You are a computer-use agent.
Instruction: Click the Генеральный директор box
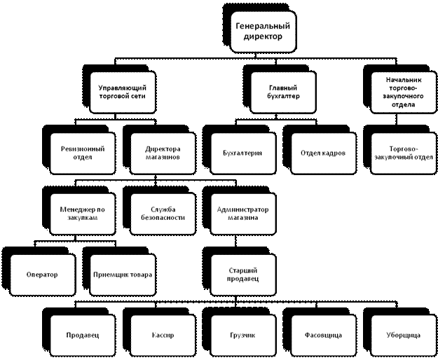tap(263, 32)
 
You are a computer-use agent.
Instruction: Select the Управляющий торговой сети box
tap(123, 92)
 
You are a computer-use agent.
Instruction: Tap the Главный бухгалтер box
tap(284, 92)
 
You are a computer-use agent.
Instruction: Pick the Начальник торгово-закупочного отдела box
tap(403, 92)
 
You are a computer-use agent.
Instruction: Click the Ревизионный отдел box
tap(83, 153)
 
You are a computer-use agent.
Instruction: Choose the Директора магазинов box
tap(163, 153)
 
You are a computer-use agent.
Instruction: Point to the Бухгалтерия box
tap(242, 153)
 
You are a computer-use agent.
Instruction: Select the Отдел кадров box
tap(323, 153)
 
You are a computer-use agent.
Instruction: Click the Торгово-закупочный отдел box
tap(403, 153)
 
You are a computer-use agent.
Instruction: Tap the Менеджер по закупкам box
tap(83, 213)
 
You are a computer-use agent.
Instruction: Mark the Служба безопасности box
tap(163, 213)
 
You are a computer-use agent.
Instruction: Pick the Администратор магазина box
tap(242, 213)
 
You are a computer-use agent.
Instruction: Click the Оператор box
tap(42, 274)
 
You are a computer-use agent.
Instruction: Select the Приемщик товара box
tap(123, 274)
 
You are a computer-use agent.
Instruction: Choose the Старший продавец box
tap(242, 274)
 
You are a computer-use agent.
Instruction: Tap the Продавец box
tap(83, 335)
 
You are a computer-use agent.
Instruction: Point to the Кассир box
tap(163, 335)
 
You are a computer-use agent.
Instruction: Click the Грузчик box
tap(242, 335)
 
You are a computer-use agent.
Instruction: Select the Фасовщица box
tap(323, 335)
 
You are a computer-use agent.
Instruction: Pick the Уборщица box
tap(403, 335)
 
